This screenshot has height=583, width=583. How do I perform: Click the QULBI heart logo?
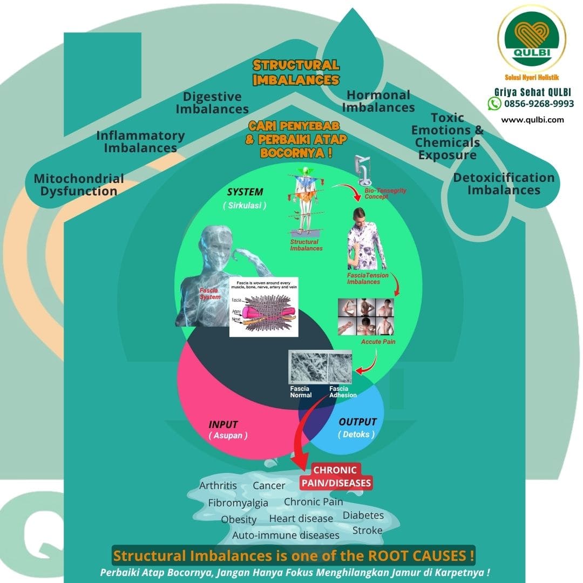pos(532,40)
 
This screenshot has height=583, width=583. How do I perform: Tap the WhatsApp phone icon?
pos(494,103)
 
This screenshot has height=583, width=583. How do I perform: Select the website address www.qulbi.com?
pos(532,120)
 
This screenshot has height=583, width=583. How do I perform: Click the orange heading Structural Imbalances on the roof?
pos(296,72)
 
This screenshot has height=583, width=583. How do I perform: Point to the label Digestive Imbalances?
pos(212,103)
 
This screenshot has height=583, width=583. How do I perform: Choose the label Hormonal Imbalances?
pos(378,101)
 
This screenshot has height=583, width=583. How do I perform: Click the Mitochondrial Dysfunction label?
pos(79,185)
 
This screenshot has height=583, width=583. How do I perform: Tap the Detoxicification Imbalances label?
pos(504,184)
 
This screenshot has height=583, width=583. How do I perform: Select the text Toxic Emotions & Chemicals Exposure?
pos(448,137)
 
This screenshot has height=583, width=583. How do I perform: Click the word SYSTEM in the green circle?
pos(245,192)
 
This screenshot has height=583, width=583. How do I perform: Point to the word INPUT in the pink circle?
pos(223,424)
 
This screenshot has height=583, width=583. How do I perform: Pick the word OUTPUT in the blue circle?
pos(357,422)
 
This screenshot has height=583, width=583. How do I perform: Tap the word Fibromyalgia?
pos(238,503)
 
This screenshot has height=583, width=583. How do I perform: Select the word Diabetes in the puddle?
pos(363,515)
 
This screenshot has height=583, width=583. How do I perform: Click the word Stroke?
pos(367,530)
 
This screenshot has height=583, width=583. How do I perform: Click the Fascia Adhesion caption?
pos(343,392)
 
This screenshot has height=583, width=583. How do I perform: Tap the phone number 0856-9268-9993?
pos(539,103)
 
